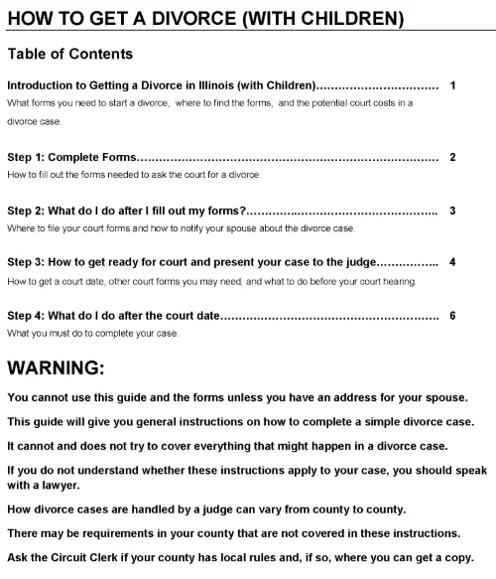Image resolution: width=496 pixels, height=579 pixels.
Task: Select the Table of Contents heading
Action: [x=69, y=54]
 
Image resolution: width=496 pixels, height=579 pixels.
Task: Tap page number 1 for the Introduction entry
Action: [x=452, y=85]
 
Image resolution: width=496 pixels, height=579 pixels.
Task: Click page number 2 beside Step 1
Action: [x=452, y=157]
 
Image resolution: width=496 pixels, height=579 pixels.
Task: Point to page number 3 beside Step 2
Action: [x=452, y=211]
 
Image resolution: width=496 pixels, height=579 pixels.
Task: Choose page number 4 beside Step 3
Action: [x=452, y=263]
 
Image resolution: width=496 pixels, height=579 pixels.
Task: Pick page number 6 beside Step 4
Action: [x=452, y=316]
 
